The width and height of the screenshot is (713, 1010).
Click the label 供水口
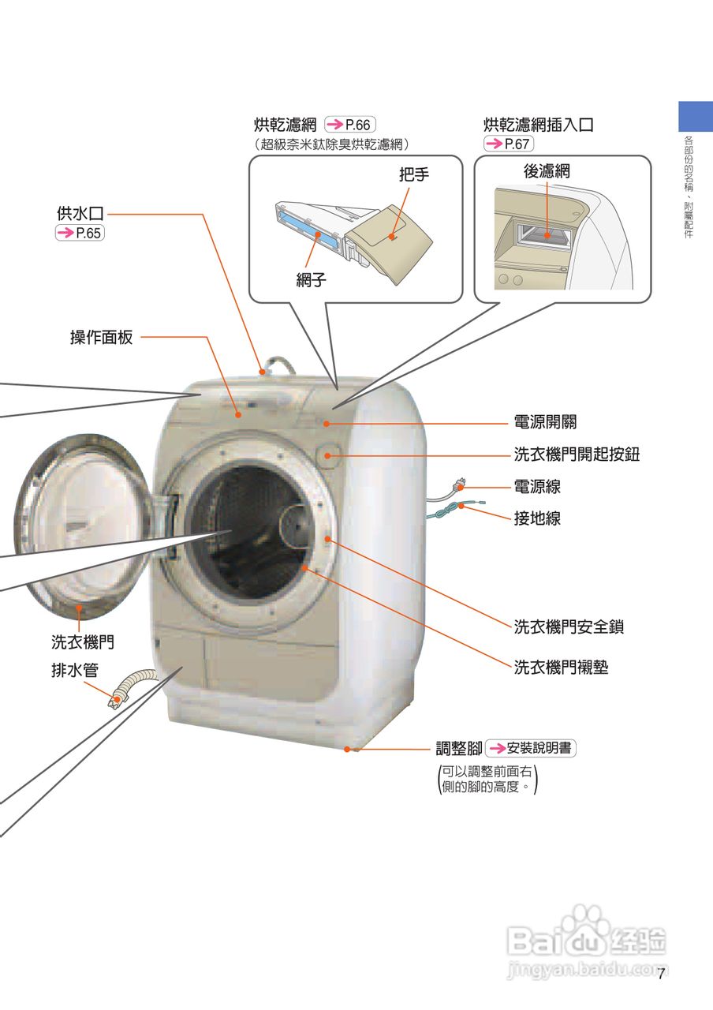[x=80, y=214]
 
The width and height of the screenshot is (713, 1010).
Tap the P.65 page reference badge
[x=80, y=233]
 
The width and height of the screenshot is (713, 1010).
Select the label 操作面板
[x=102, y=338]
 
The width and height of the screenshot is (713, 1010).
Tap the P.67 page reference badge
[x=509, y=144]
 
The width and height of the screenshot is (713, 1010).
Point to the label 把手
[x=413, y=174]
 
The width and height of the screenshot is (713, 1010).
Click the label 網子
[x=312, y=280]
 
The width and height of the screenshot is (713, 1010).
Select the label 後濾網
[x=547, y=171]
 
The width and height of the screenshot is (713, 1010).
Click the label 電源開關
[x=545, y=423]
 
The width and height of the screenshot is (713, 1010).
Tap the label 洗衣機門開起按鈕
[x=577, y=454]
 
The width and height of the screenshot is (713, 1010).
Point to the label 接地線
[x=537, y=518]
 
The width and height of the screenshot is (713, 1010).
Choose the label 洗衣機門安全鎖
[x=569, y=627]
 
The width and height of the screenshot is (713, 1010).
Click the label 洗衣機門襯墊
[x=561, y=668]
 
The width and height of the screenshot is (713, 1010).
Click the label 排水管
[x=75, y=670]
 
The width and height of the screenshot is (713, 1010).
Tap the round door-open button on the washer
[x=329, y=455]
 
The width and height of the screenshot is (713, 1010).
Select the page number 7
[x=662, y=974]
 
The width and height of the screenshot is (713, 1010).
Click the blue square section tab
[x=696, y=116]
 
